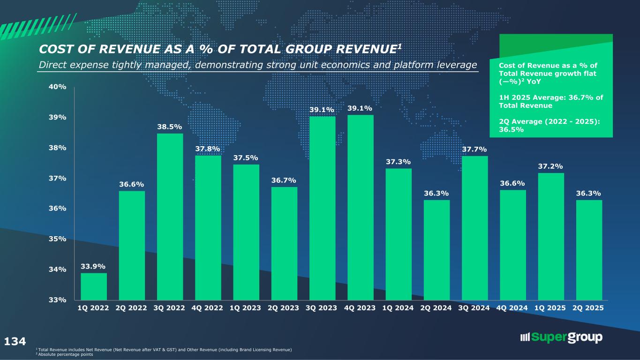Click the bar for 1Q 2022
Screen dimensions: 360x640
pyautogui.click(x=94, y=286)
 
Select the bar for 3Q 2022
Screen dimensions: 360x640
pyautogui.click(x=170, y=217)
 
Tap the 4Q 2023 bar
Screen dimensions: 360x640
pyautogui.click(x=360, y=207)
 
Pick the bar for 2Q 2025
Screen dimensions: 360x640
pyautogui.click(x=589, y=250)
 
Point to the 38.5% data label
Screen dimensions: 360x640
pyautogui.click(x=170, y=127)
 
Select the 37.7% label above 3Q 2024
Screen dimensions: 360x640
pyautogui.click(x=474, y=149)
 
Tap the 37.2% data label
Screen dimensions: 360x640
pyautogui.click(x=551, y=166)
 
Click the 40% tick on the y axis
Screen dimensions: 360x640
pyautogui.click(x=59, y=87)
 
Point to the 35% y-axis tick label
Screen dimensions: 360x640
pyautogui.click(x=59, y=239)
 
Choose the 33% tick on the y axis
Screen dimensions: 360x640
pyautogui.click(x=59, y=300)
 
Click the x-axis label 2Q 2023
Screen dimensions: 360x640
pyautogui.click(x=284, y=308)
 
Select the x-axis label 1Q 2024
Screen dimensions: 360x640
pyautogui.click(x=399, y=308)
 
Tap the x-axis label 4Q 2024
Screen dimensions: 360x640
pyautogui.click(x=513, y=308)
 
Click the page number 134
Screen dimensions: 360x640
pyautogui.click(x=15, y=341)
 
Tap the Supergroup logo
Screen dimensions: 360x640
pyautogui.click(x=561, y=337)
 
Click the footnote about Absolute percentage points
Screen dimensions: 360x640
pyautogui.click(x=68, y=354)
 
